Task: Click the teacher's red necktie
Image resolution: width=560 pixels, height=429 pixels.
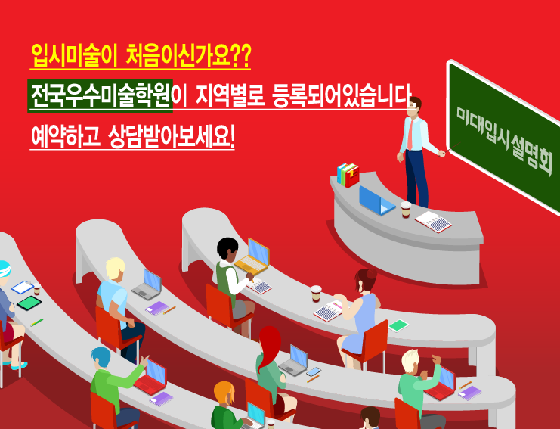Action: (410, 135)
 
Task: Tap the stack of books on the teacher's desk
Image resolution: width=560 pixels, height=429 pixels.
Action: (348, 175)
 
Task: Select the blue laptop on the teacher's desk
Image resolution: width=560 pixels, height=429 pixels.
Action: (376, 201)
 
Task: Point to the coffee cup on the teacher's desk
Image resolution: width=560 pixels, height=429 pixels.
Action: (406, 209)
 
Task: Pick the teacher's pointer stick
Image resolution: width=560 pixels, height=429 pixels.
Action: (449, 150)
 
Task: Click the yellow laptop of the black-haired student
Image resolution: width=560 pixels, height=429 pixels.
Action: (252, 256)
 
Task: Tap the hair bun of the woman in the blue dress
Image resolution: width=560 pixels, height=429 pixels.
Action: (371, 274)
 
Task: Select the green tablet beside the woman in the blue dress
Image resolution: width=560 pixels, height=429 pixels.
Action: (398, 325)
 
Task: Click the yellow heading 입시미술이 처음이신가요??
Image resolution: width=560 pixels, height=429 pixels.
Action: (141, 56)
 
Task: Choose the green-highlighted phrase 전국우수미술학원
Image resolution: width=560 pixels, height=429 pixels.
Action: (101, 96)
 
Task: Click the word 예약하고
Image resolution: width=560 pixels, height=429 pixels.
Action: (65, 136)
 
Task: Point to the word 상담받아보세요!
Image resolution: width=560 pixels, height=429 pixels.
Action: (171, 136)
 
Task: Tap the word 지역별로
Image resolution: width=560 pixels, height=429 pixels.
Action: (230, 96)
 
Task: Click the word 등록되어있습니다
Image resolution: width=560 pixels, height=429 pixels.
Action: (342, 96)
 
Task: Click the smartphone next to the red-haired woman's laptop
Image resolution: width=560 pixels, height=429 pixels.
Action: (313, 371)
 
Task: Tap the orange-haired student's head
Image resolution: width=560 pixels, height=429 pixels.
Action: (224, 393)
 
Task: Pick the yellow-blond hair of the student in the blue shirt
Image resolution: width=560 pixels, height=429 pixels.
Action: (116, 268)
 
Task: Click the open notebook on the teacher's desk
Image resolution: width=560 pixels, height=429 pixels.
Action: (433, 222)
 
